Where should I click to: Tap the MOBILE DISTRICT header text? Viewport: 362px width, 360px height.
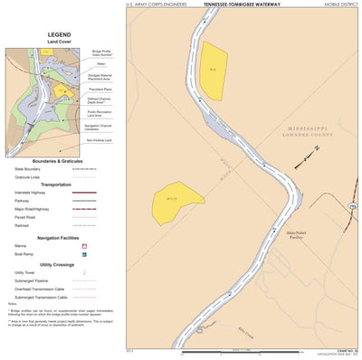click(x=341, y=5)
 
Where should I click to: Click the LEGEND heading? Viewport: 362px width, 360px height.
click(x=60, y=34)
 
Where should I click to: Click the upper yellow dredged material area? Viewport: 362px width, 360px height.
click(x=214, y=70)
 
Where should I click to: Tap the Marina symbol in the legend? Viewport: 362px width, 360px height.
click(x=84, y=246)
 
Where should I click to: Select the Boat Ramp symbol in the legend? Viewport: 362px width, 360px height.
click(x=84, y=254)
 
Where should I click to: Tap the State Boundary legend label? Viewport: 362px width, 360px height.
click(x=26, y=168)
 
